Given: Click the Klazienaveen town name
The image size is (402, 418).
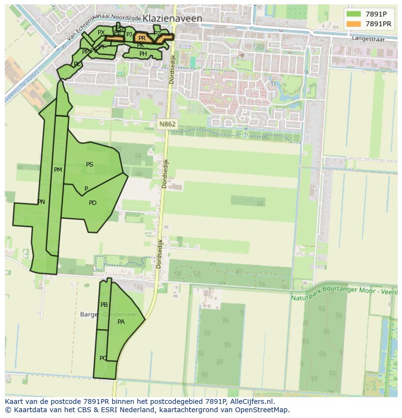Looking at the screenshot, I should pos(172,18).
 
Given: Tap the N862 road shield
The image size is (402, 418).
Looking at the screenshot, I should pos(167,124).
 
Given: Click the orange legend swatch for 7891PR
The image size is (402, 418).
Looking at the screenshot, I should pos(353,24).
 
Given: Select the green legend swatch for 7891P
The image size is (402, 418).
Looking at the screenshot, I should pos(353,14).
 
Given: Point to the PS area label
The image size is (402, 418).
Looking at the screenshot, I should pos(89,165).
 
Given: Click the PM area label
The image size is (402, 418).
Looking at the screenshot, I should pos(58,170).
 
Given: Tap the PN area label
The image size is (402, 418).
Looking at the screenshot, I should pos(41,202).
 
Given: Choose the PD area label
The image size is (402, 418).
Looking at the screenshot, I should pos(92,203).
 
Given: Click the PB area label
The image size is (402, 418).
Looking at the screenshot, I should pos(104,305).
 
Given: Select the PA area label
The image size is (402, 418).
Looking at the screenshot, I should pos(121,321).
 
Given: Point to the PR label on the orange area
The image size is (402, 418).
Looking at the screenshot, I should pos(142,38).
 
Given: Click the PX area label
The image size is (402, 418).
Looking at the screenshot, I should pos(101,33).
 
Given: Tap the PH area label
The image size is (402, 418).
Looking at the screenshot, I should pos(143,54).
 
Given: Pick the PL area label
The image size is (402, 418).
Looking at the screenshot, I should pos(77,64).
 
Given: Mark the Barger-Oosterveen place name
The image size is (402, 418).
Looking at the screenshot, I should pos(112,315).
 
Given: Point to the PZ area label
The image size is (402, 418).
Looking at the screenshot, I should pos(157,33).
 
